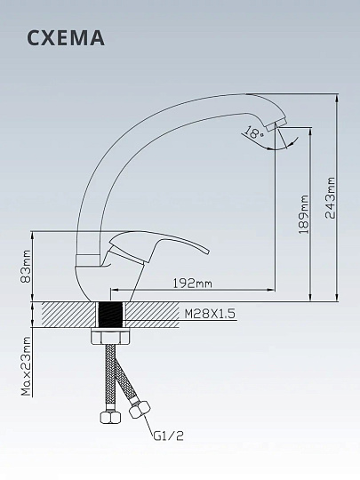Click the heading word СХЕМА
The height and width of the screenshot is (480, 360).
(66, 38)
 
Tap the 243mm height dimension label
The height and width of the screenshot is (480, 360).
(331, 197)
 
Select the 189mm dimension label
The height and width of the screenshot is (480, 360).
(304, 214)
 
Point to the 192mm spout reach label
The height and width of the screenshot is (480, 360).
(193, 284)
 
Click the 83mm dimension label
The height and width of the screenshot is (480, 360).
(26, 267)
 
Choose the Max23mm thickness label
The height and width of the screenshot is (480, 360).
(26, 366)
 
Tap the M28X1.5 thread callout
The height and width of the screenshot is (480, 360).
(210, 314)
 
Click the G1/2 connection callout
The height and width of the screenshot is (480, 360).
(168, 436)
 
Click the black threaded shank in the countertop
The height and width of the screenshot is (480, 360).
(110, 315)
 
